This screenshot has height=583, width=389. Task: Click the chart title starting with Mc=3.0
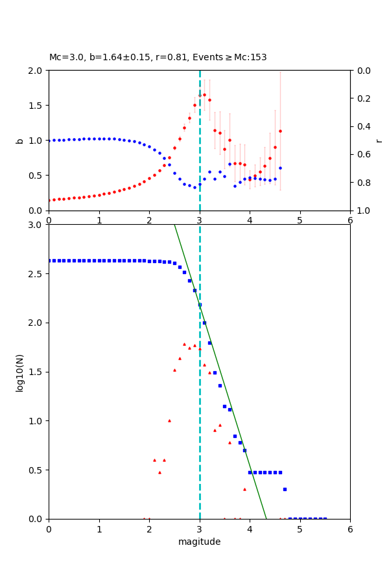(158, 58)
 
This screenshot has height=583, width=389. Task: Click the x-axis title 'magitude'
(199, 542)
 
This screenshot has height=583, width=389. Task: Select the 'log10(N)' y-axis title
(19, 372)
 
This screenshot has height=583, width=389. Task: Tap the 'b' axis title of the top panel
(19, 141)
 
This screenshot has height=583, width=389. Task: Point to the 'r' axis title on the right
(379, 141)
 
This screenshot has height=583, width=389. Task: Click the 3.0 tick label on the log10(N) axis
(38, 225)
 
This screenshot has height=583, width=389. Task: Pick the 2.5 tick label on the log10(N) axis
(38, 274)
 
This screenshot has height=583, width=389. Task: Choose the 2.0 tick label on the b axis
(38, 71)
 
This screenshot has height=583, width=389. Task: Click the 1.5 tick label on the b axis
(38, 106)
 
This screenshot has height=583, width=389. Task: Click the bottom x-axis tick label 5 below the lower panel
(300, 529)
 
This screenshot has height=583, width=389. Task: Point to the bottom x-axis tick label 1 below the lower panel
(99, 529)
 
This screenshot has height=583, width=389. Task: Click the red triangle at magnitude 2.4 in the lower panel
(169, 420)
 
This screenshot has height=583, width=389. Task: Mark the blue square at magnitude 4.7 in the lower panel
(285, 489)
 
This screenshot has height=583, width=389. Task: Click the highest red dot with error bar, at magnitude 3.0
(200, 95)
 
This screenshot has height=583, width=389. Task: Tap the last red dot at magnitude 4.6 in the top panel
(280, 131)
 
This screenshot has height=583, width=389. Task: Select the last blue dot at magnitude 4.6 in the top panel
(280, 168)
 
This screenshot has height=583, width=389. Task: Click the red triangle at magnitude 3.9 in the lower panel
(244, 489)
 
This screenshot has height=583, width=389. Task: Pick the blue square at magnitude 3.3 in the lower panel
(215, 372)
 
